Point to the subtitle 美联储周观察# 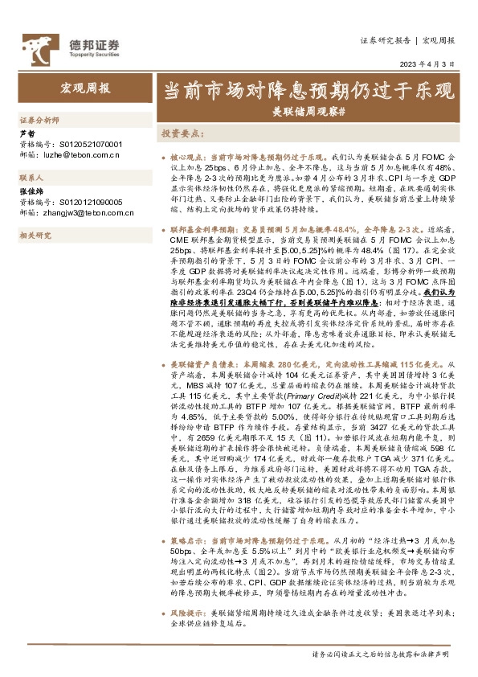pyautogui.click(x=309, y=109)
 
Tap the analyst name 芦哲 pyautogui.click(x=27, y=133)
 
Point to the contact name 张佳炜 pyautogui.click(x=30, y=192)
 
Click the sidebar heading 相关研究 pyautogui.click(x=35, y=235)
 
